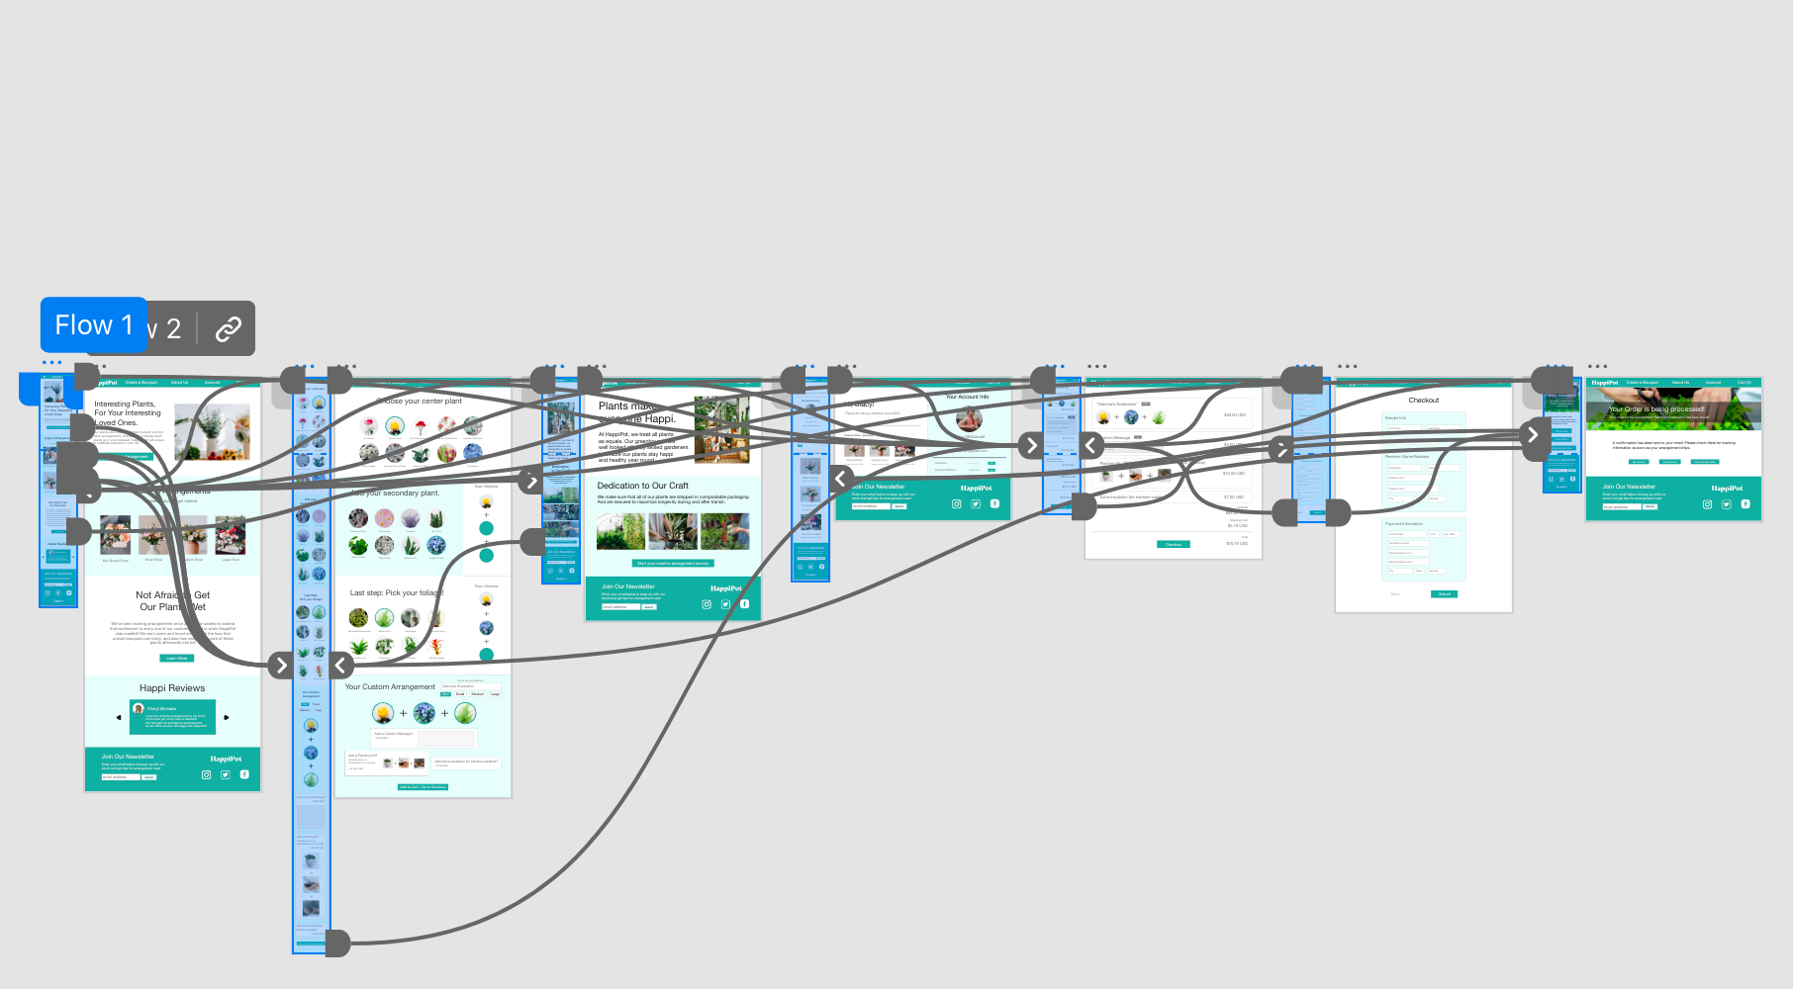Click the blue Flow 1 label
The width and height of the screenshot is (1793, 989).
coord(94,324)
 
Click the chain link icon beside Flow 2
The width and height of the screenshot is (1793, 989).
coord(229,328)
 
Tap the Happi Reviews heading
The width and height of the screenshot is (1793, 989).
coord(172,688)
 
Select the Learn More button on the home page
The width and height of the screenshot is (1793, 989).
coord(176,658)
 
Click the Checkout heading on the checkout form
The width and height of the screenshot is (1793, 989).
coord(1423,401)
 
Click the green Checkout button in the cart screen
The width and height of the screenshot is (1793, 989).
coord(1173,544)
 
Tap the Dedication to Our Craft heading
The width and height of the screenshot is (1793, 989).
coord(642,486)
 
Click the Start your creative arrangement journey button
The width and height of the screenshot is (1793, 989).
coord(672,563)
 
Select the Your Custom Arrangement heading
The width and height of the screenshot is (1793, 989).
coord(390,686)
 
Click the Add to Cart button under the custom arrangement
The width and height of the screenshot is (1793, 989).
coord(423,787)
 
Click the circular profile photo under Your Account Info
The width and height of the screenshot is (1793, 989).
coord(968,420)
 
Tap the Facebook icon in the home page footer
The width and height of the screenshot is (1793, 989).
coord(244,774)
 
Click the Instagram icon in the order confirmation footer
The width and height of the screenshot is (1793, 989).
coord(1707,504)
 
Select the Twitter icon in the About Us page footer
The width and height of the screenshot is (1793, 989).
coord(725,604)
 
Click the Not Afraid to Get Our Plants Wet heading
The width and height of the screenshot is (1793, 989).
coord(173,601)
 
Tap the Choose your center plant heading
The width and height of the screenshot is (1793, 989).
coord(420,402)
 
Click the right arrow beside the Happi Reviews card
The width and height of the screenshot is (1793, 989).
coord(227,717)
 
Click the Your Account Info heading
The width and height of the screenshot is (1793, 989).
coord(967,397)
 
